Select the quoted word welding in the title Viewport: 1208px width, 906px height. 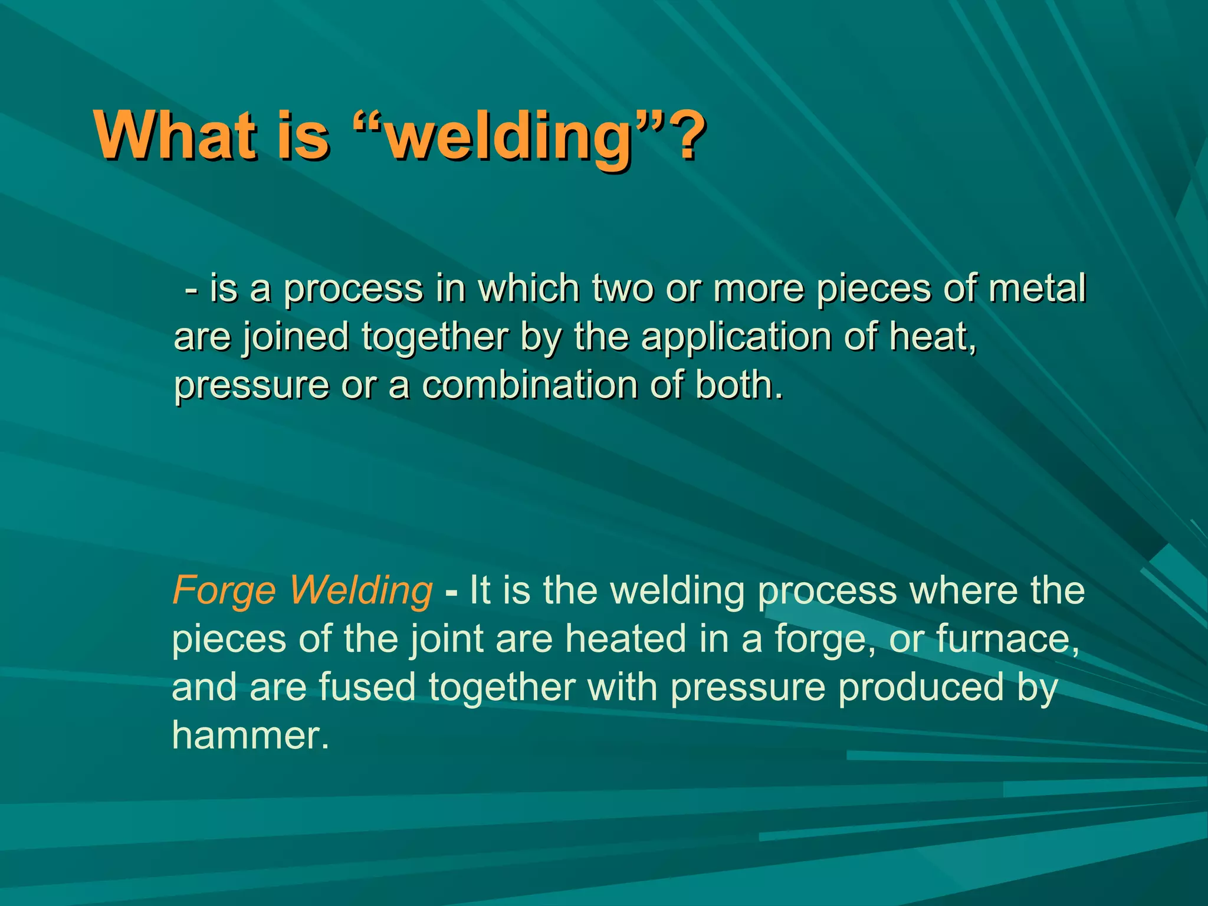click(507, 138)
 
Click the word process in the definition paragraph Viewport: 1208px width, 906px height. click(353, 289)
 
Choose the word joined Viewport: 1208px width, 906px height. click(296, 337)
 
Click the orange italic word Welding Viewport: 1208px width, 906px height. click(361, 591)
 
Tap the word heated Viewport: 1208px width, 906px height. click(626, 639)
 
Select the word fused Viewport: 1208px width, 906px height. click(367, 687)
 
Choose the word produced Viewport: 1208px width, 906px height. click(921, 687)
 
